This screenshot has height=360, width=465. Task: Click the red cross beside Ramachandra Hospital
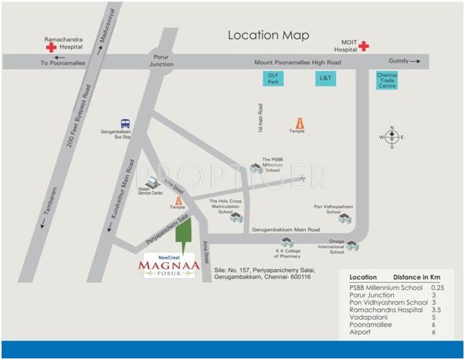pos(51,47)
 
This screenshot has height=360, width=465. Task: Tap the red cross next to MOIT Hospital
pos(363,46)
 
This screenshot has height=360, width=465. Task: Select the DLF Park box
pos(273,78)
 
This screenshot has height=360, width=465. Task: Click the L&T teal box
pos(325,78)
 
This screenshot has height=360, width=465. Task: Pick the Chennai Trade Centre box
pos(386,80)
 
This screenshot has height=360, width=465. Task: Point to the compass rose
pos(392,137)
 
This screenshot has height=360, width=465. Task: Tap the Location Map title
pos(268,36)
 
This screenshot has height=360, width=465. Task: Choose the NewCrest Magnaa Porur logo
pos(168,268)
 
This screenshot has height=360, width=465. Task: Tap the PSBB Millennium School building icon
pos(256,168)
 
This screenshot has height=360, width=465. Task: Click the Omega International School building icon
pos(353,246)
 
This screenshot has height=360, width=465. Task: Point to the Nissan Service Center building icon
pos(152,182)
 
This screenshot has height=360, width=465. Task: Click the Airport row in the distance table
pos(360,332)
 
